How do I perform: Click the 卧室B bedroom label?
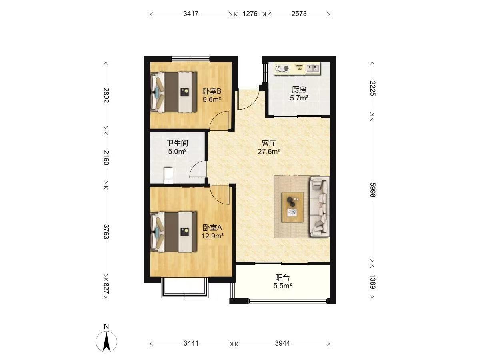click(212, 91)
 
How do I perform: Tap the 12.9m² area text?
click(212, 236)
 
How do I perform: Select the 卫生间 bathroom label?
click(177, 143)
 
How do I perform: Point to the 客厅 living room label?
click(269, 143)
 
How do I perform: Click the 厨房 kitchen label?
click(299, 90)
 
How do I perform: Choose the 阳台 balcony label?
click(282, 278)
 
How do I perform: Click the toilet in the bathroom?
click(168, 175)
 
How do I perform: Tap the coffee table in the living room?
click(292, 207)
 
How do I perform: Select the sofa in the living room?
click(320, 207)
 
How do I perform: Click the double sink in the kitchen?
click(313, 68)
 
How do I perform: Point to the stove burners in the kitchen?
click(282, 68)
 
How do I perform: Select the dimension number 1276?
click(250, 14)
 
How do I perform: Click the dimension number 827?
click(106, 288)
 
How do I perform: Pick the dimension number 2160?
click(106, 158)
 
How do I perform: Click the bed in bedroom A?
click(174, 232)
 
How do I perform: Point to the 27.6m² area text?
click(269, 151)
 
